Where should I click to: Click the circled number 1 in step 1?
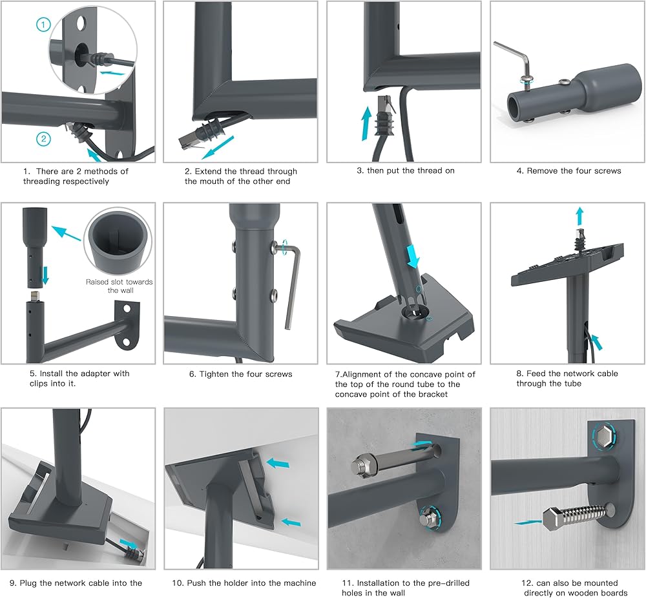43,25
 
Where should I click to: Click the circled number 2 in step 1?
44,139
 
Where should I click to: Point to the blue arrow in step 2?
218,147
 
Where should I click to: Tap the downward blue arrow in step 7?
412,257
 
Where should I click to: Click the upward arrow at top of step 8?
579,215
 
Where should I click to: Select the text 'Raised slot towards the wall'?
119,286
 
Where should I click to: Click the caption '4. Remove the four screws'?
568,171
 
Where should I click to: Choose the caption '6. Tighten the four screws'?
240,374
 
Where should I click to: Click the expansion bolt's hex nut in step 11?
364,466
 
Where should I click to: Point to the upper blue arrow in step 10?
278,463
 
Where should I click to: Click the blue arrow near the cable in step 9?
129,544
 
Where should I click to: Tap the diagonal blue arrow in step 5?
66,232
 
